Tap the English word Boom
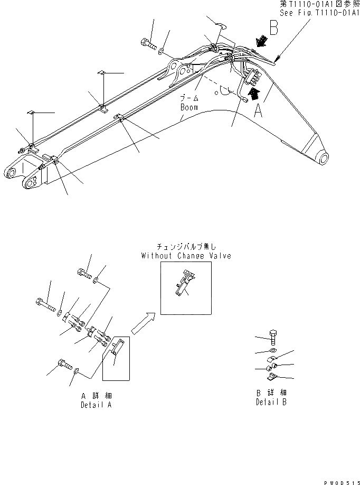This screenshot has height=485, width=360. click(188, 107)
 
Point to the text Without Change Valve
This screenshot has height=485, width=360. click(186, 256)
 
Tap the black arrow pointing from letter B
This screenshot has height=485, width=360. click(259, 41)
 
